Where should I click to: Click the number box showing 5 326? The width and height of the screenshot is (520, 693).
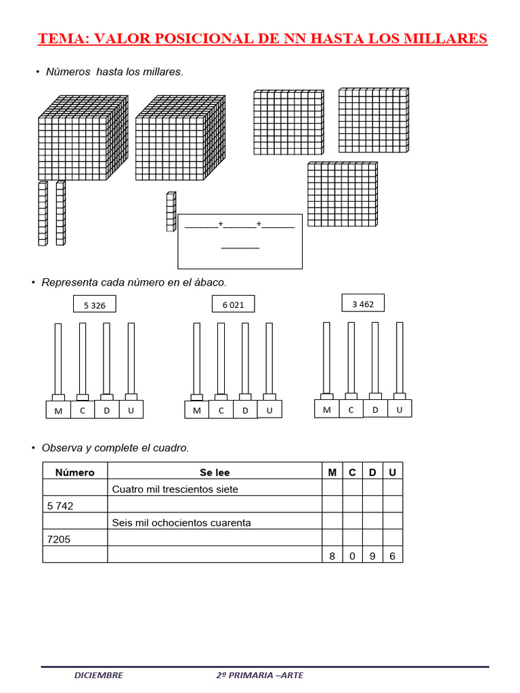[x=95, y=305]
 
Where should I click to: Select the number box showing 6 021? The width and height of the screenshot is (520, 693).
[x=233, y=305]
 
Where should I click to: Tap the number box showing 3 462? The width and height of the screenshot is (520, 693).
[x=363, y=305]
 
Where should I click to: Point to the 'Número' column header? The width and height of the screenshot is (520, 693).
[x=75, y=472]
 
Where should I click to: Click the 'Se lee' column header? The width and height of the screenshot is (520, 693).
[x=215, y=472]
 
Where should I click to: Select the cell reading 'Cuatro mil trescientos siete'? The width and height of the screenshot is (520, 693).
[x=175, y=489]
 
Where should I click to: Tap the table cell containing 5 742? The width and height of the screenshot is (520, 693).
[x=61, y=506]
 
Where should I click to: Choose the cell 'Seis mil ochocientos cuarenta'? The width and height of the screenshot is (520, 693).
[x=181, y=522]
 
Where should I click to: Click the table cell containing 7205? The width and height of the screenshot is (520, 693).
[x=59, y=539]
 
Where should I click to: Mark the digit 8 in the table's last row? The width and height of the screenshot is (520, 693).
[x=332, y=556]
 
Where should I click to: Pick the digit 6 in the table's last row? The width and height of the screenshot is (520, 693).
[x=393, y=556]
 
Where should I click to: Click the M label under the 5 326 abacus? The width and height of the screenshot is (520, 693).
[x=58, y=411]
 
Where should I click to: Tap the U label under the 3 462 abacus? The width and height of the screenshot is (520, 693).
[x=399, y=409]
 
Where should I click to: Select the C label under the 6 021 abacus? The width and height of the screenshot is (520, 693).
[x=221, y=411]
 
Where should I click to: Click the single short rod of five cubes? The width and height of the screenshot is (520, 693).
[x=171, y=212]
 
